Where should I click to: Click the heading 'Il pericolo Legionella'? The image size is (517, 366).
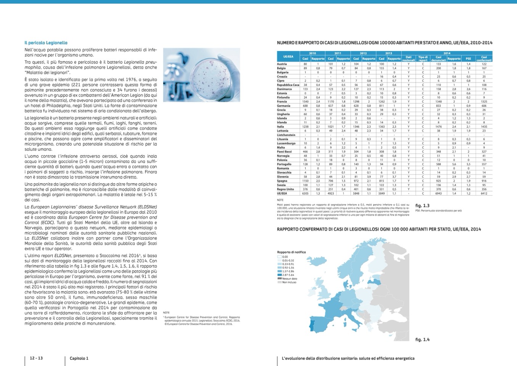pyautogui.click(x=46, y=43)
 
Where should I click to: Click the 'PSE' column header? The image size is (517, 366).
pyautogui.click(x=468, y=59)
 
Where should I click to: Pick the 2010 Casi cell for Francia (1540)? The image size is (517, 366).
pyautogui.click(x=305, y=102)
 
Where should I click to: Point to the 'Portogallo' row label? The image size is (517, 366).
pyautogui.click(x=284, y=164)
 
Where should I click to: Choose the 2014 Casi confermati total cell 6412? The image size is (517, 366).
pyautogui.click(x=484, y=193)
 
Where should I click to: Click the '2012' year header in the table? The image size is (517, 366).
pyautogui.click(x=363, y=53)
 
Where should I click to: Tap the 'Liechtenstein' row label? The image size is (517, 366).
pyautogui.click(x=286, y=135)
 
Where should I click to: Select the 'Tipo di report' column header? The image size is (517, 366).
pyautogui.click(x=423, y=59)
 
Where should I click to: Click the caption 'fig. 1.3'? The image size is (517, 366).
pyautogui.click(x=422, y=206)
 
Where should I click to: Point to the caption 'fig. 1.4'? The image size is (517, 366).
pyautogui.click(x=422, y=339)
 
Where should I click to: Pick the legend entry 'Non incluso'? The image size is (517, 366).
pyautogui.click(x=289, y=282)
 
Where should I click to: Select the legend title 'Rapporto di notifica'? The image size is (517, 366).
pyautogui.click(x=291, y=252)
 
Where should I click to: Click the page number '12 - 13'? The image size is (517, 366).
pyautogui.click(x=36, y=358)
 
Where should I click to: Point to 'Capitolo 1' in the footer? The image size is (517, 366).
pyautogui.click(x=79, y=358)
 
